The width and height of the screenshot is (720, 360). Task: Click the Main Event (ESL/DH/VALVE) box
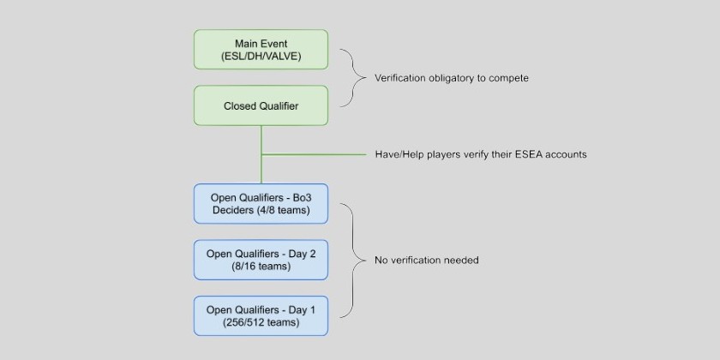pyautogui.click(x=261, y=51)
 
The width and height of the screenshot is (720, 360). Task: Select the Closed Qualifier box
pyautogui.click(x=261, y=106)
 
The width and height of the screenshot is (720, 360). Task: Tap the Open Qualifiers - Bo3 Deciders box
pyautogui.click(x=261, y=204)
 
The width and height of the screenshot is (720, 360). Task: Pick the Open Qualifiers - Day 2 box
pyautogui.click(x=261, y=260)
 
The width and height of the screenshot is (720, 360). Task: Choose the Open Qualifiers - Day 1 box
pyautogui.click(x=261, y=315)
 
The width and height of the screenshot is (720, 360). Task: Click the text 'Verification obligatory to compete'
pyautogui.click(x=452, y=78)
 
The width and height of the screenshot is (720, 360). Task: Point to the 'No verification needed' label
pyautogui.click(x=427, y=260)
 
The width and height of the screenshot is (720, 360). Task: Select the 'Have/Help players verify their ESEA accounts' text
pyautogui.click(x=481, y=155)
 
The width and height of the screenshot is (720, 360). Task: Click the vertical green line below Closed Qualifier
pyautogui.click(x=261, y=141)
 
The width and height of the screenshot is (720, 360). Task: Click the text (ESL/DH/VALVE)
pyautogui.click(x=261, y=58)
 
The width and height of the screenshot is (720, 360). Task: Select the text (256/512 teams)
pyautogui.click(x=261, y=323)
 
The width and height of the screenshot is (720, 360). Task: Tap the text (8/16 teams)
pyautogui.click(x=261, y=267)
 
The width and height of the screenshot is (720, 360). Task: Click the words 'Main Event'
pyautogui.click(x=261, y=44)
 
